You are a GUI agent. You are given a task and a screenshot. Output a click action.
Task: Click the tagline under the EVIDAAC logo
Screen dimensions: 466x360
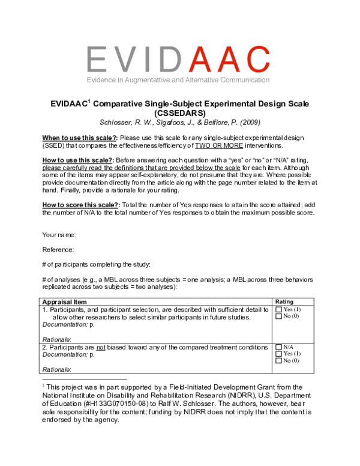(x=179, y=79)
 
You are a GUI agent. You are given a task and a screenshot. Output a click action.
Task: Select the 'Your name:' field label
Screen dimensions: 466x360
(x=59, y=234)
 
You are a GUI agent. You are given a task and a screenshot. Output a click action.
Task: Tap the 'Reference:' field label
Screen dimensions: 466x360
(x=58, y=249)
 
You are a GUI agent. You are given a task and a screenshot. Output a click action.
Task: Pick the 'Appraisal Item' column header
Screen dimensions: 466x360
(x=64, y=301)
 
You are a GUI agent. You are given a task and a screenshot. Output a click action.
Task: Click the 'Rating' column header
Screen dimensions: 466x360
(x=283, y=301)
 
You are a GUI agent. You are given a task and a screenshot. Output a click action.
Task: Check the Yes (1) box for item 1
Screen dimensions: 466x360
(x=278, y=309)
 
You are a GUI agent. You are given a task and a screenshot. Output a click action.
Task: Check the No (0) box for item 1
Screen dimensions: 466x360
(x=278, y=316)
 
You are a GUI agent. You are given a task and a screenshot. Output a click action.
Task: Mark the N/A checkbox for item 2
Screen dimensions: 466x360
(x=278, y=347)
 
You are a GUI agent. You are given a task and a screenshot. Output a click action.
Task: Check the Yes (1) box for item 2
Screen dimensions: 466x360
(x=278, y=354)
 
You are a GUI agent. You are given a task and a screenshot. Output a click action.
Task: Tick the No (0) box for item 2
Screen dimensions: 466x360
(x=278, y=361)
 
